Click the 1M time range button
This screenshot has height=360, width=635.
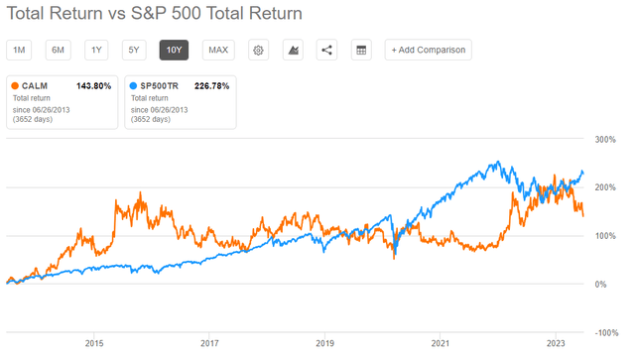[20, 50]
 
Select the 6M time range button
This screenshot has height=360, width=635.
[59, 50]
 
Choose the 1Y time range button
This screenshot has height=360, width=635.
[97, 50]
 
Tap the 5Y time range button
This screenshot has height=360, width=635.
[136, 50]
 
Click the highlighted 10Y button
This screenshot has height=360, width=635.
[175, 50]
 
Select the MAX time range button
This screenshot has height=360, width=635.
[218, 50]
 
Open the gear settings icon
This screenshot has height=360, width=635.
[259, 50]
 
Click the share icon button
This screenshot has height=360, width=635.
[326, 50]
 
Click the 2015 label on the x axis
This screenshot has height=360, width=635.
[94, 344]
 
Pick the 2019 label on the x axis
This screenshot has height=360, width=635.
[325, 344]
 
